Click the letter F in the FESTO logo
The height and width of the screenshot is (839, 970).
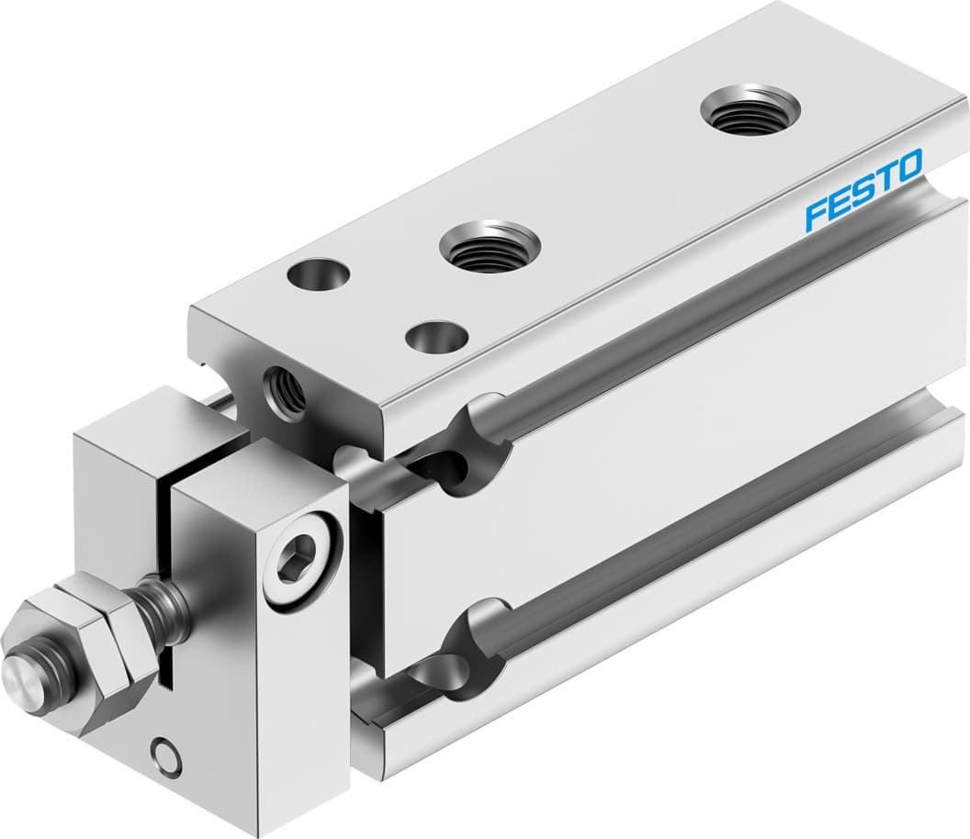816,215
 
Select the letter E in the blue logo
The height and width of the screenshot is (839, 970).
839,203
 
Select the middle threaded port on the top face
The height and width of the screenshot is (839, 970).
489,246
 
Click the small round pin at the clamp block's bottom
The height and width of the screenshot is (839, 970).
165,755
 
